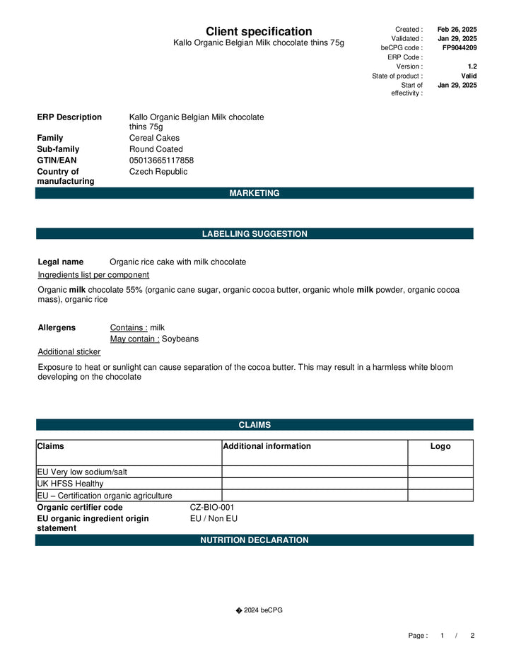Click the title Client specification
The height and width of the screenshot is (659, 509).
[x=259, y=32]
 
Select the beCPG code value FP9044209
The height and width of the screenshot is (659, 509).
[x=460, y=48]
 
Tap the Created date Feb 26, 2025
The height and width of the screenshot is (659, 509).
[x=457, y=30]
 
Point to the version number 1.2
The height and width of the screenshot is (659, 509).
[x=472, y=66]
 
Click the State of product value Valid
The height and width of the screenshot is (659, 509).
[x=469, y=76]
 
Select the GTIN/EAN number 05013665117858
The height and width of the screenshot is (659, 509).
[x=161, y=161]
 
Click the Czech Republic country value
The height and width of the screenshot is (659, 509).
[x=158, y=172]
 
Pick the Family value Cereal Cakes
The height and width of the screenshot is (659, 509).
[x=154, y=138]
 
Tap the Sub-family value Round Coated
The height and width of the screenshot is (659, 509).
[x=156, y=149]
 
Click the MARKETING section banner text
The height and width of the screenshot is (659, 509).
[x=255, y=193]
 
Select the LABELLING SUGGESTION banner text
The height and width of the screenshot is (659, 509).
[x=255, y=234]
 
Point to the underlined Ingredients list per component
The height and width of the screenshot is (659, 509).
[x=93, y=274]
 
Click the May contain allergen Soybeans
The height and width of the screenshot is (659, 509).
[x=180, y=339]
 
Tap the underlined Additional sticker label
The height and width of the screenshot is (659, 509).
[x=69, y=351]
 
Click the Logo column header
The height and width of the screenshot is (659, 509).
[x=440, y=446]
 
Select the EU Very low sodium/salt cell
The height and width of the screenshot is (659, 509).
[x=82, y=472]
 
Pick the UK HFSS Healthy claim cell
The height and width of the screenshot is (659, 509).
[x=70, y=484]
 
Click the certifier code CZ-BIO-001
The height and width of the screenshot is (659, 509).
[x=212, y=508]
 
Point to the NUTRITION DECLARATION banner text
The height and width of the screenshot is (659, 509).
[x=255, y=540]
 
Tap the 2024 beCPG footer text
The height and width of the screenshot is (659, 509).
[x=262, y=610]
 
